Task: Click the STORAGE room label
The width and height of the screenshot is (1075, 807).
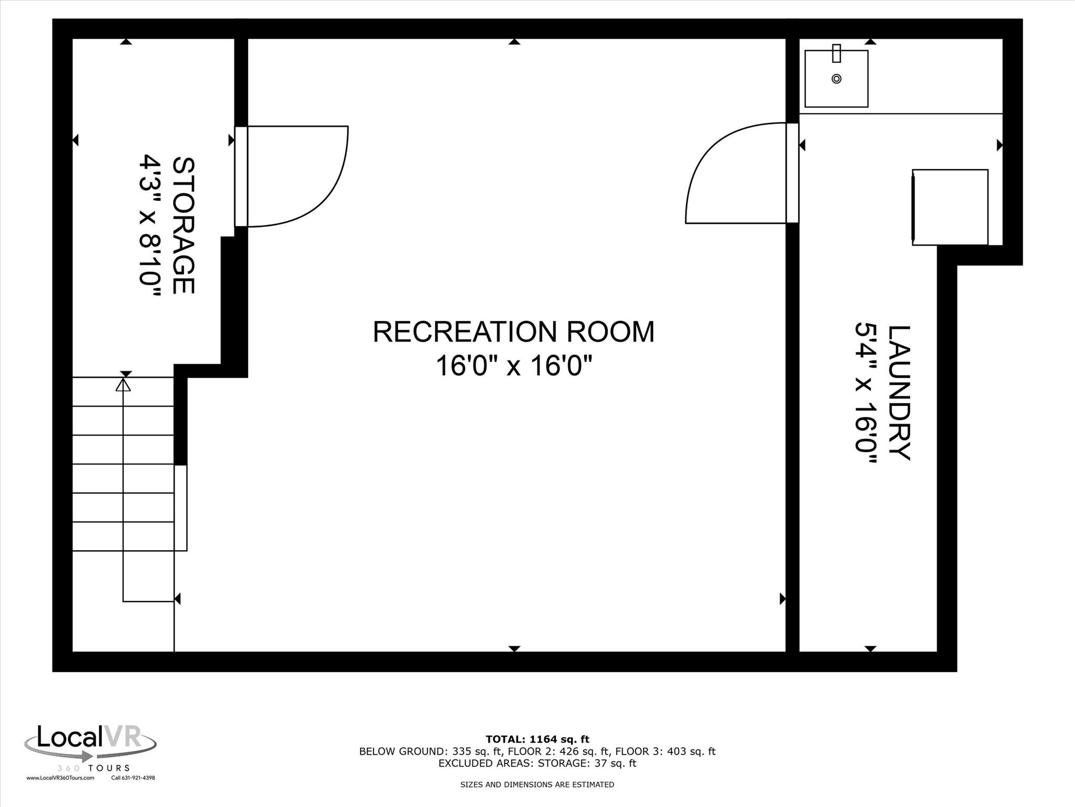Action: tap(183, 225)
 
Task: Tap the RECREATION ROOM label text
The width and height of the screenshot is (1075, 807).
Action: tap(513, 332)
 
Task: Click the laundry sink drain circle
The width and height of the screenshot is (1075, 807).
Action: tap(837, 79)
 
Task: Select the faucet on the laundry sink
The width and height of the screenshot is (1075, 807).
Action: tap(837, 53)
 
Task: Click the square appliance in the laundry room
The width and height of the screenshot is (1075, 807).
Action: tap(950, 207)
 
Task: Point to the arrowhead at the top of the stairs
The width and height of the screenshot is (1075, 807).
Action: tap(123, 386)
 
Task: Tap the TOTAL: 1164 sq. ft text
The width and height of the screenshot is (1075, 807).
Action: tap(537, 740)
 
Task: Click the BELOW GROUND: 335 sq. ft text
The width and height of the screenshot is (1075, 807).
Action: tap(402, 751)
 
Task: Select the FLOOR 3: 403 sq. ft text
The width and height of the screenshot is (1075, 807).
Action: tap(665, 751)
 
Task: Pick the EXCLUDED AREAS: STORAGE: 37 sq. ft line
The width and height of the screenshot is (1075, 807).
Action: tap(537, 763)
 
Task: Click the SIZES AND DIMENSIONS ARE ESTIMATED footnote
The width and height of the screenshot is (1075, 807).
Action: tap(537, 784)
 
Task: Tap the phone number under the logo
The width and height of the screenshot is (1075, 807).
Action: tap(133, 778)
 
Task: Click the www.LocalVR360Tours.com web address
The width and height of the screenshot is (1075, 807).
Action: tap(60, 778)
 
